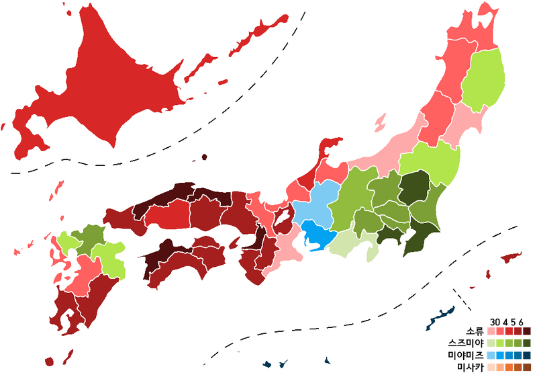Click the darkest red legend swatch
[527, 331]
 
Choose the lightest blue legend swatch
[491, 354]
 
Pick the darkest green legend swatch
[527, 343]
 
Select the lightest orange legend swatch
[491, 366]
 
